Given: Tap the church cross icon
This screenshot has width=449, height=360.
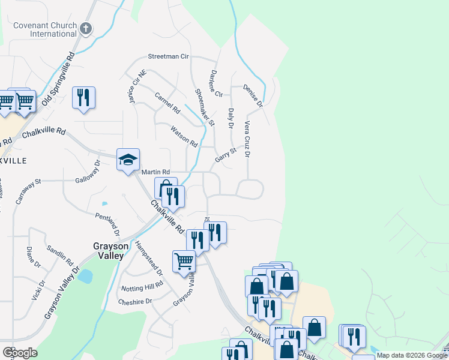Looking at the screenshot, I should click(86, 28).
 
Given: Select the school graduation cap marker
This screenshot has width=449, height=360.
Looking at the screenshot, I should click(128, 160).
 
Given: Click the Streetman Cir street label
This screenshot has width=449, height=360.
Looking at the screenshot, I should click(169, 56).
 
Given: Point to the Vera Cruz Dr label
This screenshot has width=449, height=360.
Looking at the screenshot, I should click(247, 138).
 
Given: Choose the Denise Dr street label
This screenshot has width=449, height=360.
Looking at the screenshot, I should click(253, 95).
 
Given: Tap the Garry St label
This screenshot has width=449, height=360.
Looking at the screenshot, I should click(226, 155).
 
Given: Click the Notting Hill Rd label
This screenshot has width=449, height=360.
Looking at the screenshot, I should click(142, 286).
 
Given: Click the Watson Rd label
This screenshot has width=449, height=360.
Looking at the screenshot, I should click(184, 136).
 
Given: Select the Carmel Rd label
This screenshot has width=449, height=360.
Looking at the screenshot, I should click(167, 103).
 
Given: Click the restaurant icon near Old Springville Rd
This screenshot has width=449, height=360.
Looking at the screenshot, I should click(83, 97).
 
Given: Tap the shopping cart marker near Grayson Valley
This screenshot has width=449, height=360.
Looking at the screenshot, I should click(184, 261).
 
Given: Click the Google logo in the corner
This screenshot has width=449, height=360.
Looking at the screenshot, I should click(20, 353).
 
